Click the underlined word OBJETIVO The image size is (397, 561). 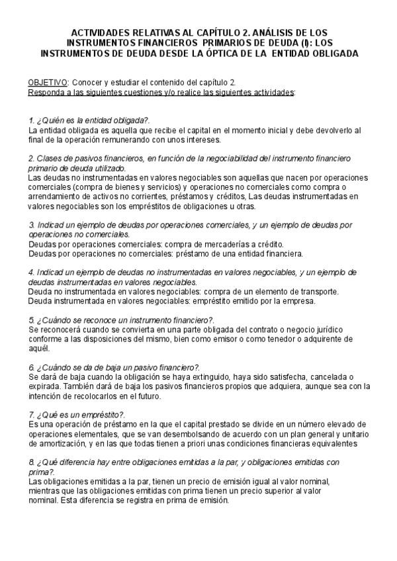47,82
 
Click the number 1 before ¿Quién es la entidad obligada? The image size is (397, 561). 31,121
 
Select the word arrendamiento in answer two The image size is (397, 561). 55,196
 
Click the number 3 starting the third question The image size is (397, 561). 31,224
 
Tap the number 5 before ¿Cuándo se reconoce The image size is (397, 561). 31,320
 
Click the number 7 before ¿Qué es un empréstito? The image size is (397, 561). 31,415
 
